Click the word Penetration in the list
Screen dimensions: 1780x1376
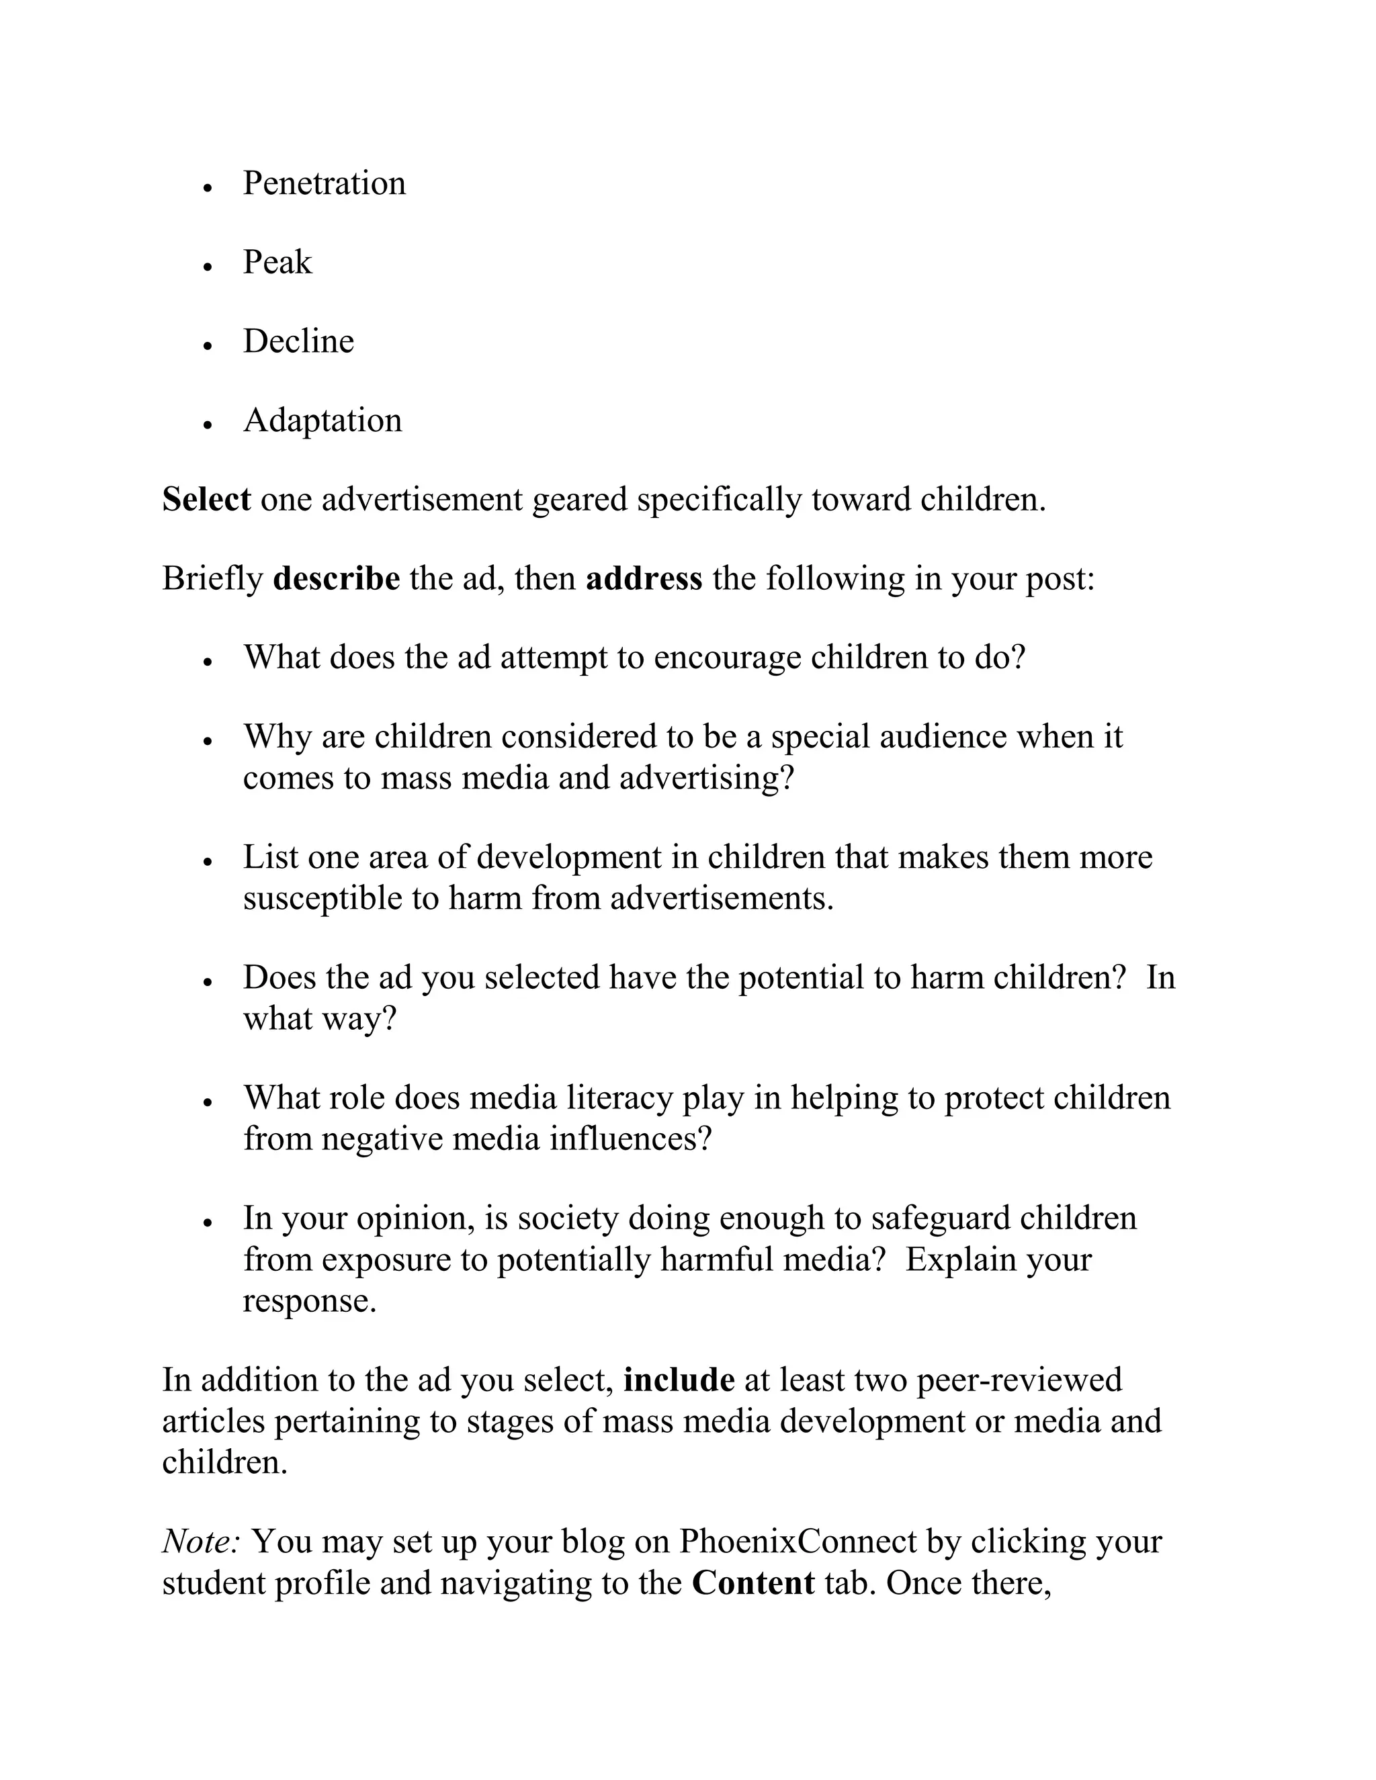point(324,183)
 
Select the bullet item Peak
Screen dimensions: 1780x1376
point(277,263)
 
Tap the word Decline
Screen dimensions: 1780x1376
point(298,341)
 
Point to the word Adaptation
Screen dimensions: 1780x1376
point(322,420)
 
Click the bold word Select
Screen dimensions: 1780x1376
point(206,500)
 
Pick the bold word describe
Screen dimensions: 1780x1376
point(336,578)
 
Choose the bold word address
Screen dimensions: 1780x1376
point(643,578)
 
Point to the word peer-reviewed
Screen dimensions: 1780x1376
point(1019,1380)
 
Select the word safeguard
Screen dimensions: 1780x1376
point(940,1218)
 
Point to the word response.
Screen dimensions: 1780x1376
point(310,1302)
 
